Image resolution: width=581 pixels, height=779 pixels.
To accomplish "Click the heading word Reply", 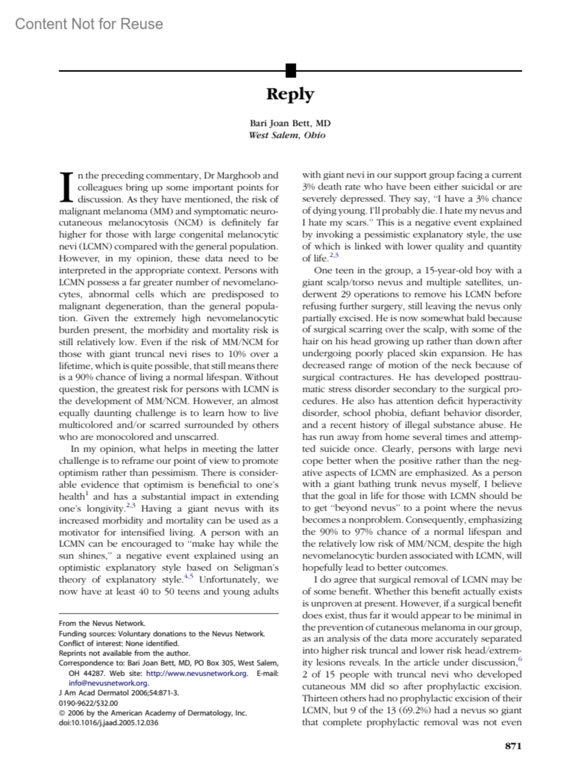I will tap(290, 94).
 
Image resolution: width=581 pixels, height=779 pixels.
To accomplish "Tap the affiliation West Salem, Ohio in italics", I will tap(287, 135).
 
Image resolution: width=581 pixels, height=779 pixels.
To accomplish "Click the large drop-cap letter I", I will tap(67, 187).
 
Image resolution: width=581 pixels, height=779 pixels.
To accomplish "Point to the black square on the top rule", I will tap(290, 71).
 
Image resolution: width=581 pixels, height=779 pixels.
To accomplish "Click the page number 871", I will tap(513, 746).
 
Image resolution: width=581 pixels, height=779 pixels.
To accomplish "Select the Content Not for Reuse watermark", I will tap(89, 24).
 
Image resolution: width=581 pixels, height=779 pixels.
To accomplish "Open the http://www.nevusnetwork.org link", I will tap(197, 673).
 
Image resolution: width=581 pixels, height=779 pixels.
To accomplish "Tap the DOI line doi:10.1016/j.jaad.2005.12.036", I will tap(108, 723).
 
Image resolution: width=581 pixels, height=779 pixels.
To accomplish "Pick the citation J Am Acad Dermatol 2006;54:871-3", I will tap(119, 693).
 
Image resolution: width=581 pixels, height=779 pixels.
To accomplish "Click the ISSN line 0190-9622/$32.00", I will tap(88, 703).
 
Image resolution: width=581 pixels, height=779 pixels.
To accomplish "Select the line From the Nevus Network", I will tap(102, 623).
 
